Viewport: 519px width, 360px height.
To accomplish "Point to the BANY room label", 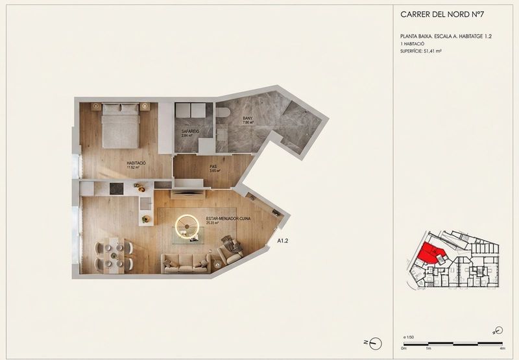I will pos(247,118).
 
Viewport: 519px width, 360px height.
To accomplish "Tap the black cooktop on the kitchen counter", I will pos(116,189).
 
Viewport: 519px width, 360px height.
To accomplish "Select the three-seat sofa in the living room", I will pos(186,262).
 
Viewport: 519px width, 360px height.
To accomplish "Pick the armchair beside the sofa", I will pos(230,250).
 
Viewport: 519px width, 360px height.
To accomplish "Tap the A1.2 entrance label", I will pos(284,241).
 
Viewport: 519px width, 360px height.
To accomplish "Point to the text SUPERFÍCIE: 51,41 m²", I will pos(421,51).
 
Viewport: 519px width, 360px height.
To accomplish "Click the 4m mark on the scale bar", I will pos(503,348).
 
